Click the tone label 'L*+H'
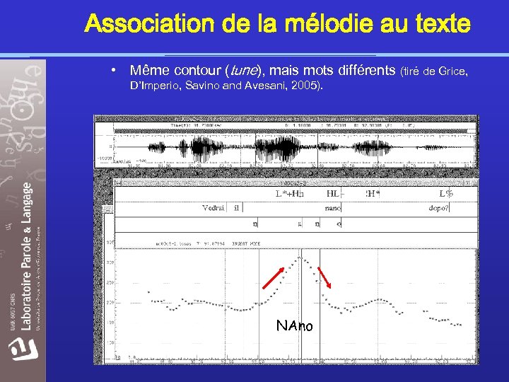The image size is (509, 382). click(x=290, y=194)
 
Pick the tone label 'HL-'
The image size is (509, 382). click(x=333, y=194)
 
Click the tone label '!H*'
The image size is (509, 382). click(x=373, y=194)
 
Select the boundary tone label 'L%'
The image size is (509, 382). click(x=445, y=194)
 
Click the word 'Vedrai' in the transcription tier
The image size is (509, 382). click(x=213, y=208)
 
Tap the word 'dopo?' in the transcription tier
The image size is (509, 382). click(x=438, y=208)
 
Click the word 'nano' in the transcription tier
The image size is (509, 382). click(x=333, y=208)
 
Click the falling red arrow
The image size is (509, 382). click(x=325, y=277)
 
